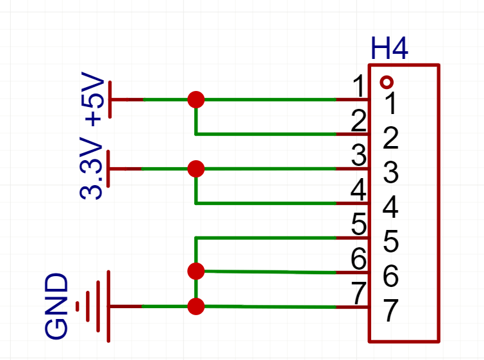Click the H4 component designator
[389, 49]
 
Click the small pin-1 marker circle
[386, 82]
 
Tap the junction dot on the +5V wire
[196, 100]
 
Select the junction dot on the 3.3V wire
[196, 169]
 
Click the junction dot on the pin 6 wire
[196, 272]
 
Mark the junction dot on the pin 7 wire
[196, 307]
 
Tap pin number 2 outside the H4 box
[358, 120]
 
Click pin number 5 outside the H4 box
[358, 225]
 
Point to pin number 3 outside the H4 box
[358, 155]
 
